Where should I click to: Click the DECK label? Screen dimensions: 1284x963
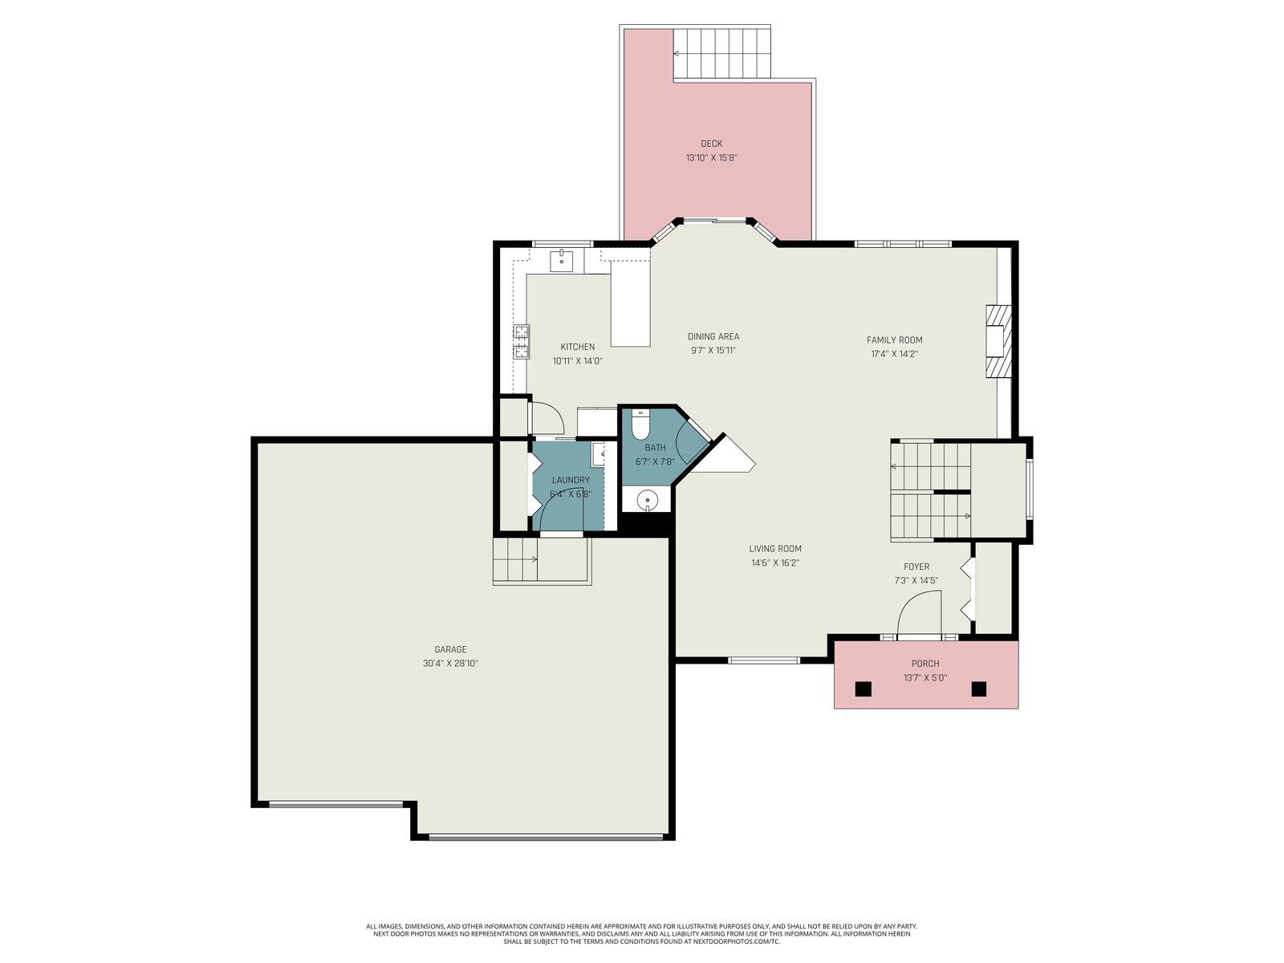pyautogui.click(x=711, y=144)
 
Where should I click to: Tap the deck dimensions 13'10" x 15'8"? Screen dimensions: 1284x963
pyautogui.click(x=711, y=157)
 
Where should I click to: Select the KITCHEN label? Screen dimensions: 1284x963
pyautogui.click(x=577, y=347)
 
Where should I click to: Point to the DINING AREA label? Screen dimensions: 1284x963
pyautogui.click(x=713, y=336)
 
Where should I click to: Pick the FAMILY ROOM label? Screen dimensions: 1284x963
pyautogui.click(x=895, y=339)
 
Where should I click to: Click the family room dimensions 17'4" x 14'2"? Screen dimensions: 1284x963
pyautogui.click(x=895, y=354)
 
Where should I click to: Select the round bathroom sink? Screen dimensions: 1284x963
pyautogui.click(x=647, y=501)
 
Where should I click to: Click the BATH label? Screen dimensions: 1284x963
pyautogui.click(x=655, y=447)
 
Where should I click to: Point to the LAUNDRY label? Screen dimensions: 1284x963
pyautogui.click(x=571, y=480)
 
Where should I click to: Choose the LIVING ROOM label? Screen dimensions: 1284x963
pyautogui.click(x=775, y=548)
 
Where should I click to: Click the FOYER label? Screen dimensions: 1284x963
pyautogui.click(x=916, y=567)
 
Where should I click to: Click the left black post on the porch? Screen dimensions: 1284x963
pyautogui.click(x=863, y=689)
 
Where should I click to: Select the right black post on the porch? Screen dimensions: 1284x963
pyautogui.click(x=978, y=689)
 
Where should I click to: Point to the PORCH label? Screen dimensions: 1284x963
pyautogui.click(x=925, y=664)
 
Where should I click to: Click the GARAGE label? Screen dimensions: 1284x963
pyautogui.click(x=450, y=649)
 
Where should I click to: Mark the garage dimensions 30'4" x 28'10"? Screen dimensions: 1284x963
pyautogui.click(x=450, y=664)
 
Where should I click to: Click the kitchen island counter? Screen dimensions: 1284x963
pyautogui.click(x=631, y=303)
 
